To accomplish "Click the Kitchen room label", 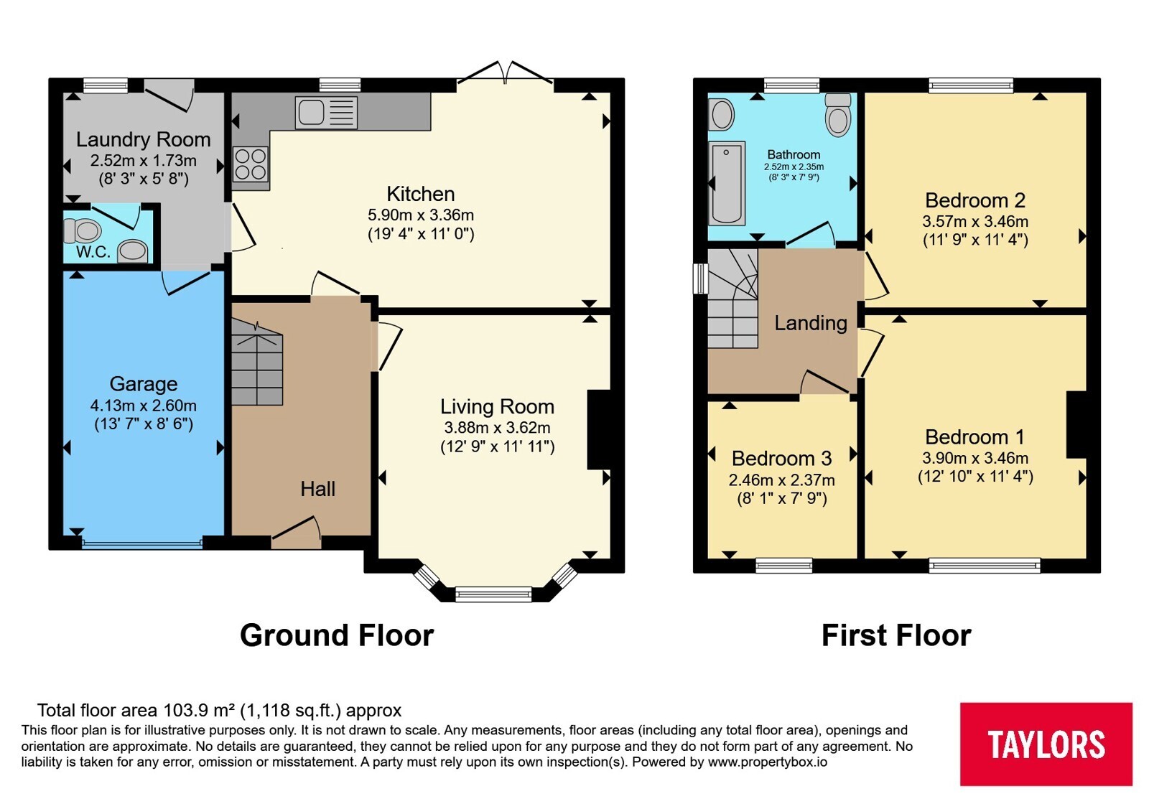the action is point(421,194).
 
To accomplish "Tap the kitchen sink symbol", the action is point(326,113).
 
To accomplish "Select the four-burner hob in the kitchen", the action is point(251,164).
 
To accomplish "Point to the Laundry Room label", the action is point(144,139).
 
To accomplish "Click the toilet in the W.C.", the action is point(82,230).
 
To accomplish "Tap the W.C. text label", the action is point(93,252).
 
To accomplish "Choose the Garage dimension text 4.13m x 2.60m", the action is point(144,406).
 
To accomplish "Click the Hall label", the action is point(318,489).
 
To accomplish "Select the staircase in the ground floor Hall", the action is point(257,363).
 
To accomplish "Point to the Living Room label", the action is point(498,406).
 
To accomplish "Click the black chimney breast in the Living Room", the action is point(599,430).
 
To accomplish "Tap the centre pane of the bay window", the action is point(493,594).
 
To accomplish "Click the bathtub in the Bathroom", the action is point(727,184).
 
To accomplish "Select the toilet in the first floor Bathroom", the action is point(838,115).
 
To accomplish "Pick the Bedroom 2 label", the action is point(975,200).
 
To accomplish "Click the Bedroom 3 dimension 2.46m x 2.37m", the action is point(782,480).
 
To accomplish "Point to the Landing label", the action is point(811,323).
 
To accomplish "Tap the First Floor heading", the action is point(897,635).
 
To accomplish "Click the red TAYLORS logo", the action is point(1046,744).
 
